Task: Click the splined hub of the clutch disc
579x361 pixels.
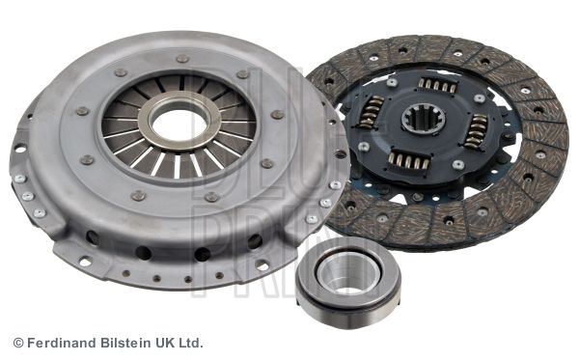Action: click(x=424, y=119)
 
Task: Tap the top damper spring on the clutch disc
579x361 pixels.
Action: click(x=437, y=85)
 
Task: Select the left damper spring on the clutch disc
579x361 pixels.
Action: click(x=372, y=112)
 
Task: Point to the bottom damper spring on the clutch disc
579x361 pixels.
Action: click(x=409, y=160)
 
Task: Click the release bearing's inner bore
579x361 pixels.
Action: click(x=348, y=274)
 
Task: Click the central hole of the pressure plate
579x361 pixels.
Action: click(x=179, y=121)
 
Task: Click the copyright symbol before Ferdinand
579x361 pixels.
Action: click(x=18, y=343)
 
